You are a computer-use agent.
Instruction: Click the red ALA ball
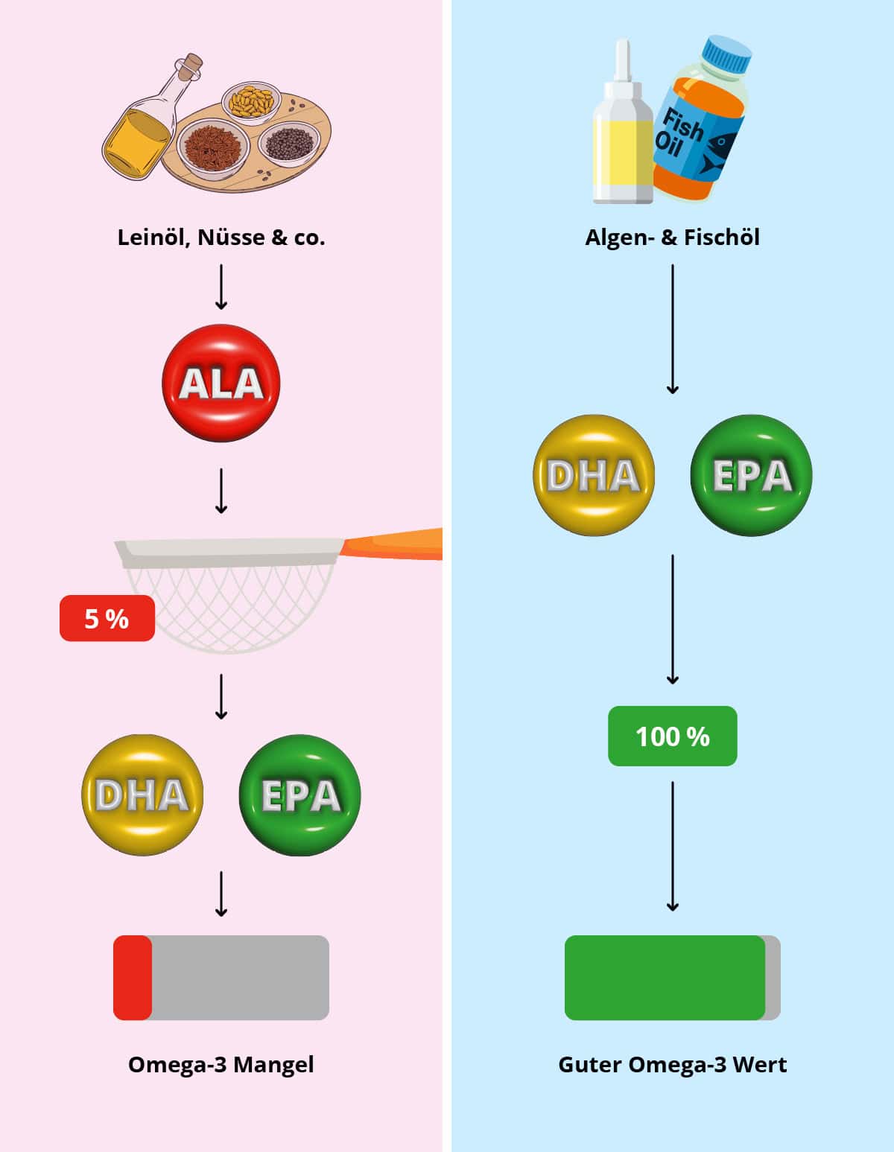pyautogui.click(x=221, y=383)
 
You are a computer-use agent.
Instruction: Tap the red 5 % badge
pyautogui.click(x=107, y=618)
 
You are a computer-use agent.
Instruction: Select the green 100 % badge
pyautogui.click(x=672, y=736)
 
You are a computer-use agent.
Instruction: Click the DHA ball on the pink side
pyautogui.click(x=142, y=795)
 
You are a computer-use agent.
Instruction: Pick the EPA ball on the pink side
pyautogui.click(x=299, y=795)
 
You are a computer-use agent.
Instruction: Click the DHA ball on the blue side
pyautogui.click(x=594, y=475)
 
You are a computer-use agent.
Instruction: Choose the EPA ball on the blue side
pyautogui.click(x=751, y=475)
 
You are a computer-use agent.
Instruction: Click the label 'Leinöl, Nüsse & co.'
pyautogui.click(x=221, y=238)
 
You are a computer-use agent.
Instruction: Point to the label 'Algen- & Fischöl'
pyautogui.click(x=672, y=238)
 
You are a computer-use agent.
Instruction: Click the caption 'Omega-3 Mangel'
pyautogui.click(x=221, y=1064)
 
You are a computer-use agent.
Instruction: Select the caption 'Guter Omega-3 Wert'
pyautogui.click(x=672, y=1064)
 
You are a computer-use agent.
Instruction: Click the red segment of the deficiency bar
pyautogui.click(x=133, y=977)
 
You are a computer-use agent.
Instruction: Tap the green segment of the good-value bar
pyautogui.click(x=665, y=977)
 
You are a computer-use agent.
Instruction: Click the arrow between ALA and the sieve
pyautogui.click(x=221, y=491)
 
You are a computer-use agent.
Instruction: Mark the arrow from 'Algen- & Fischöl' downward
pyautogui.click(x=672, y=328)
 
